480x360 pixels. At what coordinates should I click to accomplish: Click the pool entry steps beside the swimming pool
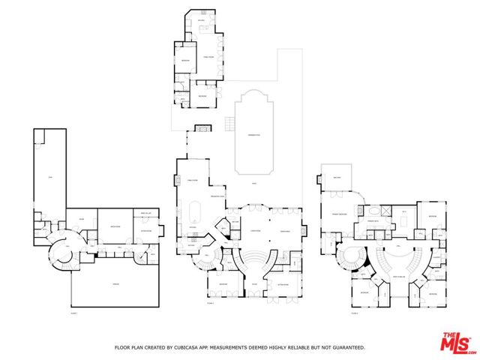229,124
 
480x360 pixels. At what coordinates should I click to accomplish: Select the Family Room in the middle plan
192,181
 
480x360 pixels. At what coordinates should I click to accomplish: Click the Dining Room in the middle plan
255,230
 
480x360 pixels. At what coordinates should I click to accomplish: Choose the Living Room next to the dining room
285,230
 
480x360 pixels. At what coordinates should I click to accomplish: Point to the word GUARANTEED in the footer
346,347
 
